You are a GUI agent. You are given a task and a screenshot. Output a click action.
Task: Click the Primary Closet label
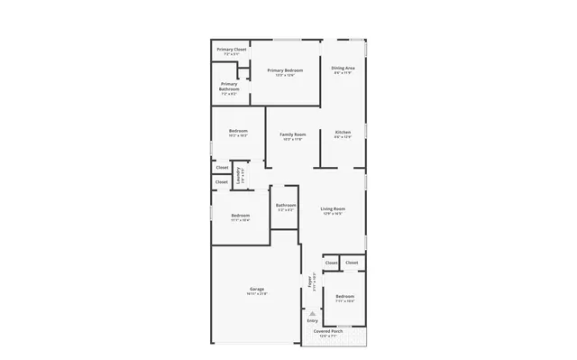(231, 49)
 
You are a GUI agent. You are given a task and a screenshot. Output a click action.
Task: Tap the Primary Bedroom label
(285, 69)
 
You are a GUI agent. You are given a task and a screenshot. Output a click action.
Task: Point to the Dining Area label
(343, 68)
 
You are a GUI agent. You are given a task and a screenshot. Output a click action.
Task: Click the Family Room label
(292, 134)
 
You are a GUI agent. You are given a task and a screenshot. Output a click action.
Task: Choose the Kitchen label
(343, 133)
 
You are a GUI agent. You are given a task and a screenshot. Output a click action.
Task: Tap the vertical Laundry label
(239, 175)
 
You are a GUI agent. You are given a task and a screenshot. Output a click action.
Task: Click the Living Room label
(334, 208)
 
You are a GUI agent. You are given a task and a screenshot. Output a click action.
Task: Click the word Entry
(312, 320)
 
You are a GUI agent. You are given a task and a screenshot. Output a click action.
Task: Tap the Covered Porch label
(327, 331)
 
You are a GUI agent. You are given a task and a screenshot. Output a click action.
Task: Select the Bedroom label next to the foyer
(344, 297)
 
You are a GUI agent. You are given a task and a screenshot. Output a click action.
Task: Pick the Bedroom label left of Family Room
(238, 131)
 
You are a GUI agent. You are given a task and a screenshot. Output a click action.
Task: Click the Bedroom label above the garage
(240, 215)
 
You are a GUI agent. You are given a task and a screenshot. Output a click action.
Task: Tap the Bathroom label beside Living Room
(286, 205)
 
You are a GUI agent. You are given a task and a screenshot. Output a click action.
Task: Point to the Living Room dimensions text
(334, 214)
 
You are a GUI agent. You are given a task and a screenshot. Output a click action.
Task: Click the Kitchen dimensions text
(343, 137)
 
